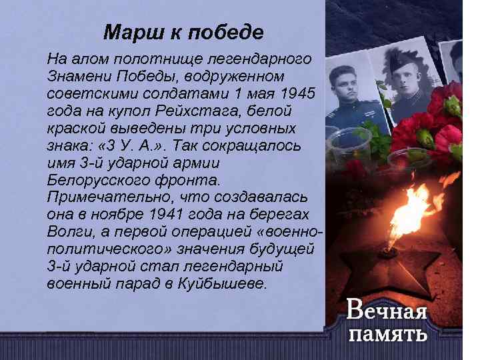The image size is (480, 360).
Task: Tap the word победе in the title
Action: (x=227, y=32)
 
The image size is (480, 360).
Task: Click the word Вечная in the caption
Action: (x=387, y=310)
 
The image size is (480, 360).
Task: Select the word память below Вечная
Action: (x=387, y=333)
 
